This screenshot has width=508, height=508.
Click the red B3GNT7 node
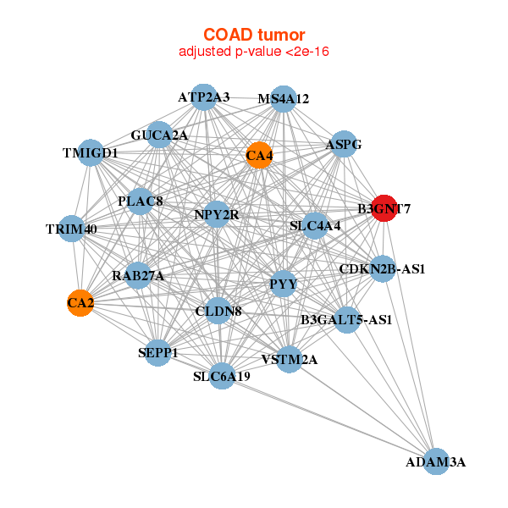(x=384, y=208)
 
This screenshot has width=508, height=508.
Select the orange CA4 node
(x=259, y=155)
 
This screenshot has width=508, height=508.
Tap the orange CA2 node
(x=80, y=303)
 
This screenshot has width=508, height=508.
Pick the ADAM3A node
(x=435, y=461)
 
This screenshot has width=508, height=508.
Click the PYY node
(x=283, y=284)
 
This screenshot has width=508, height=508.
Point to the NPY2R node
(x=217, y=215)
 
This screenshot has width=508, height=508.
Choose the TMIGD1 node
(x=90, y=153)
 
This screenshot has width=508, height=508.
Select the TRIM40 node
(x=72, y=229)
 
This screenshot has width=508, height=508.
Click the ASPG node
(x=343, y=145)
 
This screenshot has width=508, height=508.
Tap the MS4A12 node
(x=284, y=99)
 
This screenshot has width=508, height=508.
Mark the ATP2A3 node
(x=203, y=97)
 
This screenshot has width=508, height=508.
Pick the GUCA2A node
(x=159, y=135)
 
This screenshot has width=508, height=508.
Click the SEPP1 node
(x=157, y=352)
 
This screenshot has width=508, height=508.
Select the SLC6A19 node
(x=221, y=376)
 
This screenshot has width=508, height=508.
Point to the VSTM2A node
(x=289, y=359)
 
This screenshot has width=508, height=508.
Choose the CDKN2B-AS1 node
(x=382, y=269)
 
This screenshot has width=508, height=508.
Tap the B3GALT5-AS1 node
(x=346, y=320)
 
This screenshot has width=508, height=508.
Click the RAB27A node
(x=138, y=276)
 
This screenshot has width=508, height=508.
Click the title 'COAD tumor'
(x=254, y=35)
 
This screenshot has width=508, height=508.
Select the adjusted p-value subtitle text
(x=254, y=52)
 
